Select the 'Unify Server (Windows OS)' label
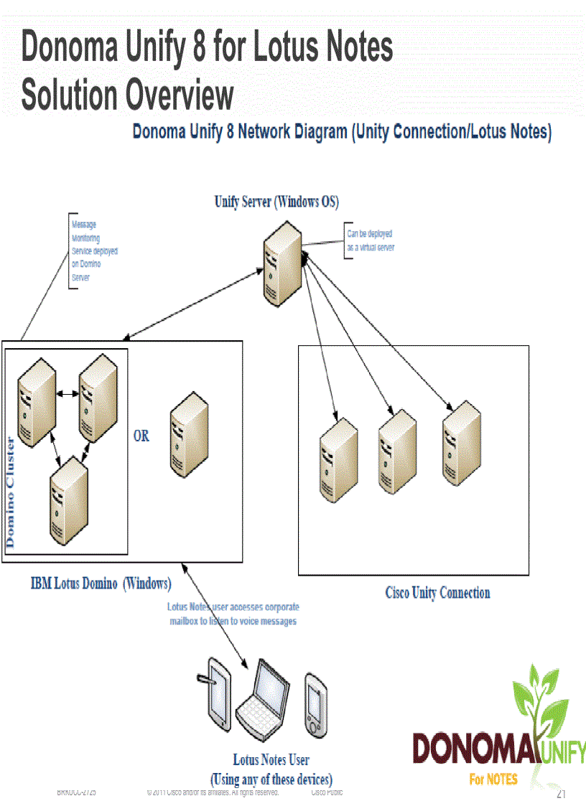pyautogui.click(x=276, y=202)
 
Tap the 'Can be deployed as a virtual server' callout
pyautogui.click(x=371, y=240)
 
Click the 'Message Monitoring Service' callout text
pyautogui.click(x=94, y=251)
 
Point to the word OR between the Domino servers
pyautogui.click(x=141, y=436)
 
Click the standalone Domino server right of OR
pyautogui.click(x=189, y=431)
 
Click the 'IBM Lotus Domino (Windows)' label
pyautogui.click(x=101, y=583)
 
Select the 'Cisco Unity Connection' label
pyautogui.click(x=437, y=593)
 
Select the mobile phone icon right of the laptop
pyautogui.click(x=316, y=703)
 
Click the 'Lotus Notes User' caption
pyautogui.click(x=271, y=759)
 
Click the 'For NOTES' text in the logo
pyautogui.click(x=493, y=779)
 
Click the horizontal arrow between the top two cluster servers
pyautogui.click(x=68, y=394)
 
